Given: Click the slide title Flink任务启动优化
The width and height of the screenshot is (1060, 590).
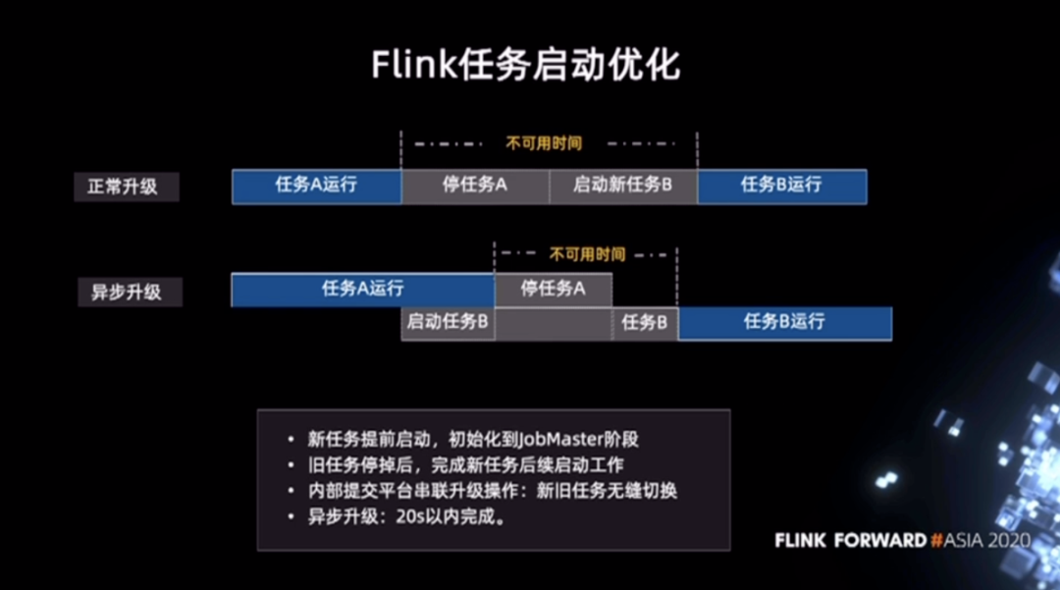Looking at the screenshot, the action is pyautogui.click(x=525, y=65).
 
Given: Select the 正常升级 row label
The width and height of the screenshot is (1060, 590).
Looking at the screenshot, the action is pyautogui.click(x=127, y=187).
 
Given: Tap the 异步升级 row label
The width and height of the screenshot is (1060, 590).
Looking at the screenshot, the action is pyautogui.click(x=130, y=292).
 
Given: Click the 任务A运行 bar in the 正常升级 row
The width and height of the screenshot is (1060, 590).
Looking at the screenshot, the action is pyautogui.click(x=316, y=187).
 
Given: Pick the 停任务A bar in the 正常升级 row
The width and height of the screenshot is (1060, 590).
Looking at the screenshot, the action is pyautogui.click(x=475, y=187).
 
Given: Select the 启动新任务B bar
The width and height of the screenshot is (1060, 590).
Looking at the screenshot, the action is pyautogui.click(x=623, y=187).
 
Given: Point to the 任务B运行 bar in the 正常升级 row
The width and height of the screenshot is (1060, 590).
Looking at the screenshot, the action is pyautogui.click(x=782, y=187).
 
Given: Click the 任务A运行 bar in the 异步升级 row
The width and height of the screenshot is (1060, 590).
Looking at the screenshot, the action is pyautogui.click(x=363, y=290).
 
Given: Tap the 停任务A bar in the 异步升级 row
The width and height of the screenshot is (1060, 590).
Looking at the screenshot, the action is pyautogui.click(x=554, y=290).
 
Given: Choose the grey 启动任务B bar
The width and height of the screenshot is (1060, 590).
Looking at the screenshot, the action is pyautogui.click(x=449, y=324).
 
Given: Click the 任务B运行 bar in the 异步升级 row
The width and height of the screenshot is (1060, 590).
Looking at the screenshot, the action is pyautogui.click(x=785, y=324).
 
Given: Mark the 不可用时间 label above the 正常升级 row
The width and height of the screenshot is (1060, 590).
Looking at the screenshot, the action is pyautogui.click(x=544, y=143).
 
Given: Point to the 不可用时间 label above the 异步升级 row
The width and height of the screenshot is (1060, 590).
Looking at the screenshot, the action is pyautogui.click(x=588, y=255).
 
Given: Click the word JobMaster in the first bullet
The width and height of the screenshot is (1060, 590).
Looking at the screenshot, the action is pyautogui.click(x=560, y=439).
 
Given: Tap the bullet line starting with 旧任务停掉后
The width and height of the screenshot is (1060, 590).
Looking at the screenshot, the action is pyautogui.click(x=466, y=465).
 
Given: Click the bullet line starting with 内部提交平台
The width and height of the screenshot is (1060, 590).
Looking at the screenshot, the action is pyautogui.click(x=492, y=491).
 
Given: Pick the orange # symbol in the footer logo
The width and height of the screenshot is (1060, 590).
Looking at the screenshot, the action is pyautogui.click(x=936, y=541).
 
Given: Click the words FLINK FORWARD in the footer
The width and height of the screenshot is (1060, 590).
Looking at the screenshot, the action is pyautogui.click(x=850, y=541).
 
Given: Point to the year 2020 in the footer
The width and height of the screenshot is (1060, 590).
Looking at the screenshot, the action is pyautogui.click(x=1009, y=541).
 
